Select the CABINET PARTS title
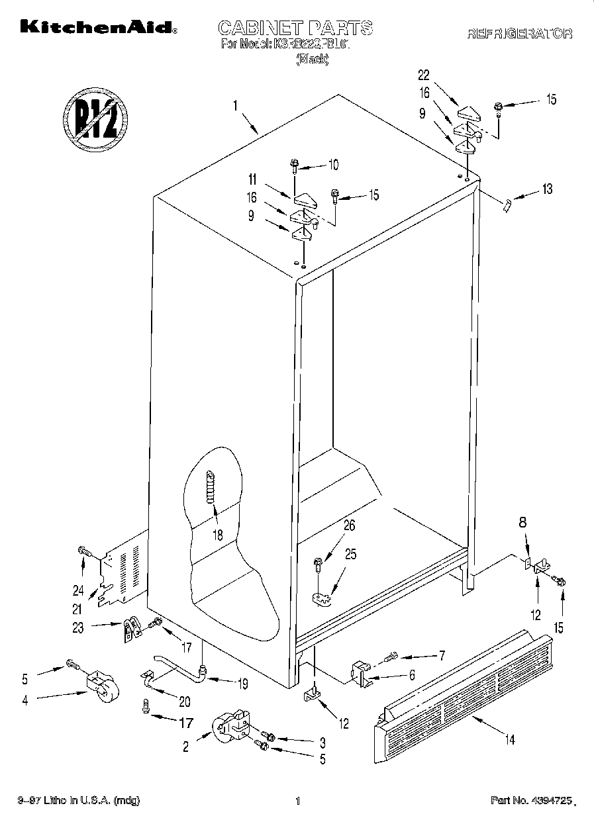[x=295, y=28]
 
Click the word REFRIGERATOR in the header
[x=520, y=34]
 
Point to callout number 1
[x=234, y=105]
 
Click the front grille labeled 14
[x=464, y=688]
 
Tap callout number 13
[x=546, y=190]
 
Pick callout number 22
[x=424, y=75]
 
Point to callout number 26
[x=350, y=526]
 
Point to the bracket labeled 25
[x=322, y=598]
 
